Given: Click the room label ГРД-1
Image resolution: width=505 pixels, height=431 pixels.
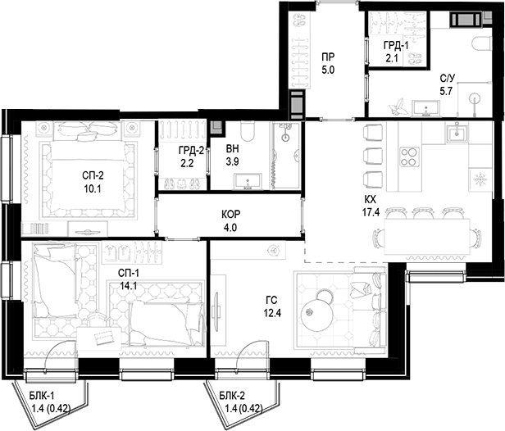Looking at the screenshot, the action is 395,45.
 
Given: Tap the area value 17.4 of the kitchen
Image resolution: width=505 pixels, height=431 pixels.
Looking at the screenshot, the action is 371,212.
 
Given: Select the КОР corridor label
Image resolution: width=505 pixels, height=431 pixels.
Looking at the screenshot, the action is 231,214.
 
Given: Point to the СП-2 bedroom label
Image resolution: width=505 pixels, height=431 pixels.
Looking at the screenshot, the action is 93,175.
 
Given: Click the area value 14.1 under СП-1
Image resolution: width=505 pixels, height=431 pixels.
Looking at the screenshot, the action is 129,286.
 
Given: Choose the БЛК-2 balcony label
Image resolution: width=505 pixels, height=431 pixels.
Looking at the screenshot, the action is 232,395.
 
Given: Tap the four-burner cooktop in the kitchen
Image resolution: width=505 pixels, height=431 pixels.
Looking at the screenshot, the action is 409,157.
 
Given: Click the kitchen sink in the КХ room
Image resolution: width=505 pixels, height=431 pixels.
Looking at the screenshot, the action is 457,132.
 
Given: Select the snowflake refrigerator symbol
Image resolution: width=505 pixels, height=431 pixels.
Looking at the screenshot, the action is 480,179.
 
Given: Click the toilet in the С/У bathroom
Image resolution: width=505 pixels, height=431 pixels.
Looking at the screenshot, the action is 482,43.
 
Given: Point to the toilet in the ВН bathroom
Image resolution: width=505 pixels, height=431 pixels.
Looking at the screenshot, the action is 248,132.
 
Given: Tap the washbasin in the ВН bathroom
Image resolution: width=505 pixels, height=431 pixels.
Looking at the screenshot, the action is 248,181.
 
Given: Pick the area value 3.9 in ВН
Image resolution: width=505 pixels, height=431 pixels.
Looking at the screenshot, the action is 232,161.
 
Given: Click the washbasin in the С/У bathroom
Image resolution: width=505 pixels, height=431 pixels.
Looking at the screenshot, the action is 426,108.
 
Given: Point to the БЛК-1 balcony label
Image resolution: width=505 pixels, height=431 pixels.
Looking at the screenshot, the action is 42,395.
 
